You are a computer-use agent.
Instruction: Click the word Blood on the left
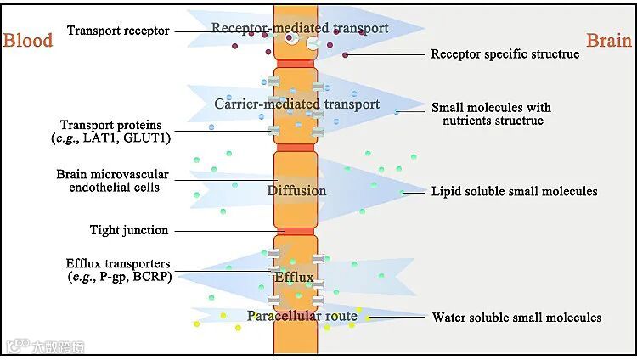28,40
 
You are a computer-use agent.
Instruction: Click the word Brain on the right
608,40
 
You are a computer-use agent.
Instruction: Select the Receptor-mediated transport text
300,28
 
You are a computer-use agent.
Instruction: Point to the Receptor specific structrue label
505,54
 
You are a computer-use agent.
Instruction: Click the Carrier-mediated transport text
296,104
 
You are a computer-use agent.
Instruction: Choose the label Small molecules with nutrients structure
491,115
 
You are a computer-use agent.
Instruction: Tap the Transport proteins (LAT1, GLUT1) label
117,132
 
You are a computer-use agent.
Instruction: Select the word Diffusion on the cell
296,190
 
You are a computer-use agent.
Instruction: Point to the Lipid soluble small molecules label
514,191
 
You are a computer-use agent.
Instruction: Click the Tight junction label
129,230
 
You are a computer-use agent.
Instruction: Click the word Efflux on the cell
295,278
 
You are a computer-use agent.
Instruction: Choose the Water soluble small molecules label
516,318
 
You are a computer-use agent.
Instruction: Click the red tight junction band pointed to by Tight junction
295,231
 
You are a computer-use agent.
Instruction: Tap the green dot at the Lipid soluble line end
403,193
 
